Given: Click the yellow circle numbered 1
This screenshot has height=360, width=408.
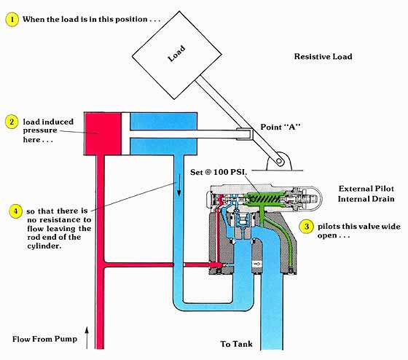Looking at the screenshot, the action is click(x=12, y=20).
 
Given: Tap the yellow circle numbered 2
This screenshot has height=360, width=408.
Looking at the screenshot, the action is click(x=12, y=122).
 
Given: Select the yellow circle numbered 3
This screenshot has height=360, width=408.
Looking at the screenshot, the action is click(x=306, y=227).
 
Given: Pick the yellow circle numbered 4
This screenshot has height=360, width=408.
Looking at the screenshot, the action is click(x=15, y=211).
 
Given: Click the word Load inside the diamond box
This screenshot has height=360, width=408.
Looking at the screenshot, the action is click(x=176, y=54).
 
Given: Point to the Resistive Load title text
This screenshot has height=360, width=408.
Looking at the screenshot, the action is click(x=323, y=57).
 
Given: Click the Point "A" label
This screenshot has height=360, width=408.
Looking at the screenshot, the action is click(x=280, y=127).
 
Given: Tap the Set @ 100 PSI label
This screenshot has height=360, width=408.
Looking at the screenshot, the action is click(x=219, y=172).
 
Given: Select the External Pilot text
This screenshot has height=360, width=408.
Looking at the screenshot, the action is click(x=366, y=189).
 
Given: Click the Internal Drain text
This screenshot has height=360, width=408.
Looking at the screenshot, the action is click(x=366, y=199).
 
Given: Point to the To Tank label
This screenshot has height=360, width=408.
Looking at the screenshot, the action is click(x=236, y=344).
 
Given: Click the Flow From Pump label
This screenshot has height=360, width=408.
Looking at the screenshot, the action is click(x=44, y=339).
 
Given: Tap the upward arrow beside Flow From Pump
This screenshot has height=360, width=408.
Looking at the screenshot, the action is click(x=87, y=337).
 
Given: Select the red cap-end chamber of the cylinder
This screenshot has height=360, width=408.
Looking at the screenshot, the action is click(x=102, y=133).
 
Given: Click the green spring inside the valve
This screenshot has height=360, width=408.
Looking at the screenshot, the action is click(x=265, y=199).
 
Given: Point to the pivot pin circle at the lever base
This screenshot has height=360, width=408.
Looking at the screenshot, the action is click(x=279, y=161).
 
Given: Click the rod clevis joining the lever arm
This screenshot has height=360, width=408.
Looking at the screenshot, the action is click(x=245, y=134).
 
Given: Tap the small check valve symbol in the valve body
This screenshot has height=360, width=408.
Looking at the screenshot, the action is click(x=256, y=265).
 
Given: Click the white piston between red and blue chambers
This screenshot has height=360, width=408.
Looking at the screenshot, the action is click(x=125, y=133).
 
